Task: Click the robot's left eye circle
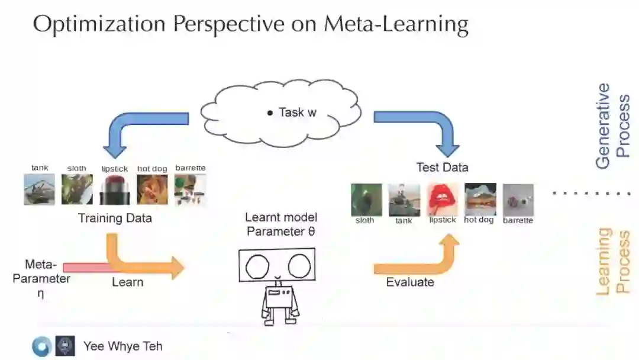click(x=257, y=267)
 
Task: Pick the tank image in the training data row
click(x=40, y=189)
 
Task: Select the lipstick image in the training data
click(x=115, y=189)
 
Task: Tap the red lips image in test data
click(x=442, y=199)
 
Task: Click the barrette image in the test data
click(x=518, y=200)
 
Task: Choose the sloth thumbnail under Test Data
click(x=365, y=200)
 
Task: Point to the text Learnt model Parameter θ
click(x=281, y=224)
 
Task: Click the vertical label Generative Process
click(x=612, y=126)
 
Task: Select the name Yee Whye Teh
click(x=122, y=346)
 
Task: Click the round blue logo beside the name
click(x=41, y=346)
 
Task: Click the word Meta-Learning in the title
click(x=396, y=24)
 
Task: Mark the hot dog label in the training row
click(x=152, y=169)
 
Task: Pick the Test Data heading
click(x=442, y=167)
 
